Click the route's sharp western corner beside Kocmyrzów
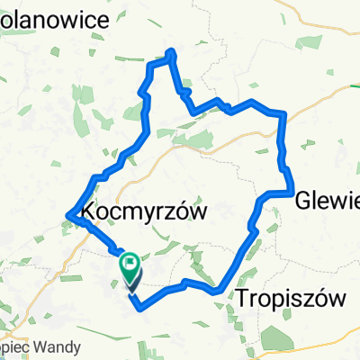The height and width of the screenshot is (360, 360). click(68, 213)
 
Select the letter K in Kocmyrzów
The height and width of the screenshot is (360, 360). click(89, 211)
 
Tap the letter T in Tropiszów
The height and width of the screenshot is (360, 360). click(244, 297)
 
